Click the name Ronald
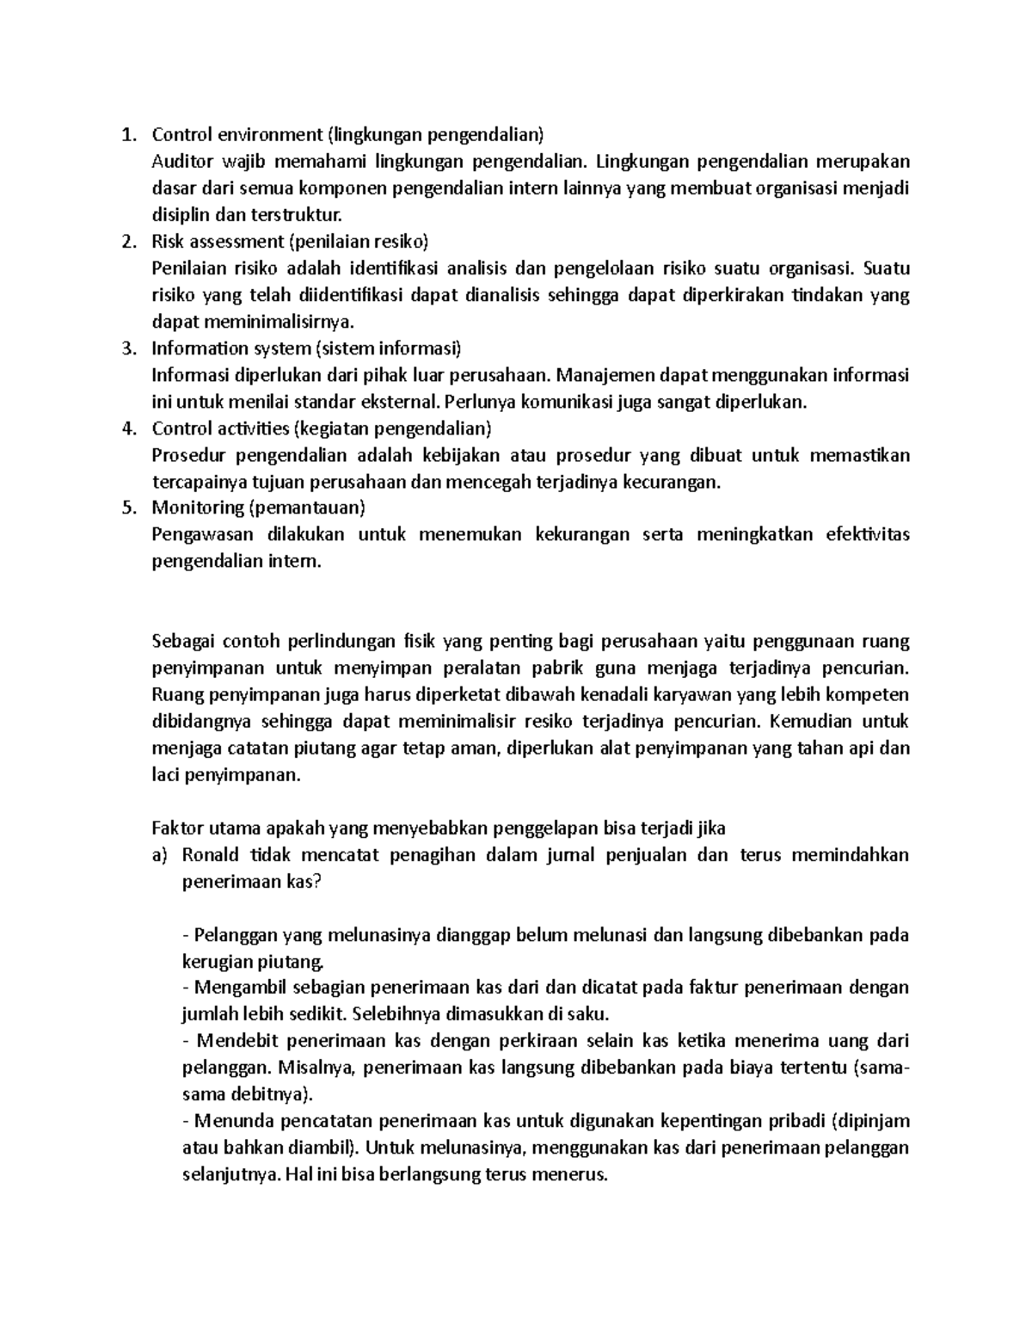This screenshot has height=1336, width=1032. [x=211, y=855]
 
